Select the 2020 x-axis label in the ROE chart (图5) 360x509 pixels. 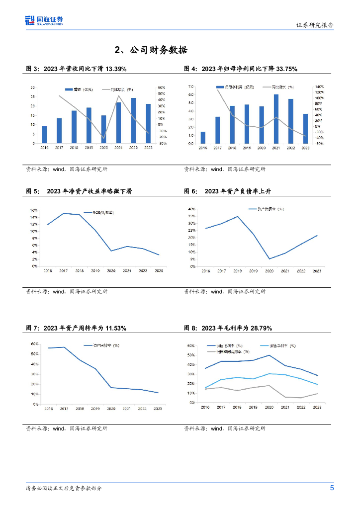pyautogui.click(x=111, y=270)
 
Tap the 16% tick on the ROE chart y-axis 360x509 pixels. pyautogui.click(x=34, y=211)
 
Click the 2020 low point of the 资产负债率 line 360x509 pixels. pyautogui.click(x=269, y=258)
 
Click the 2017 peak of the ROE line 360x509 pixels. pyautogui.click(x=64, y=213)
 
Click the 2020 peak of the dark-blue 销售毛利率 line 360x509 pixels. pyautogui.click(x=269, y=355)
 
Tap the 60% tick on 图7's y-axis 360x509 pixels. pyautogui.click(x=35, y=344)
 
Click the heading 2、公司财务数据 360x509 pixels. pyautogui.click(x=151, y=50)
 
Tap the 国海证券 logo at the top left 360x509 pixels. pyautogui.click(x=44, y=20)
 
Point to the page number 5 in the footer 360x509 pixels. pyautogui.click(x=332, y=488)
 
